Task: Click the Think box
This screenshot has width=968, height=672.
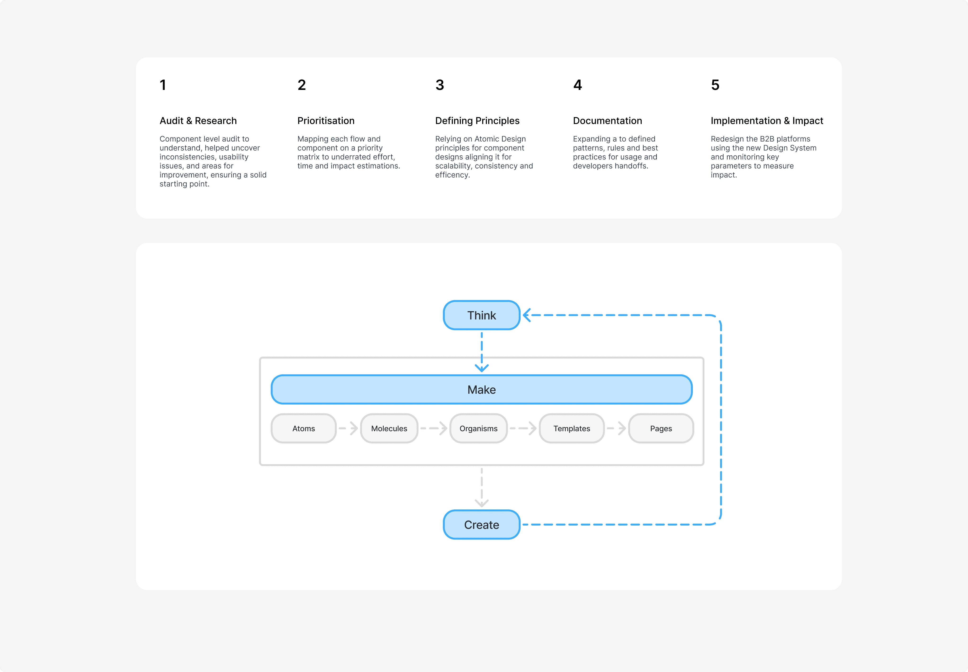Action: point(481,315)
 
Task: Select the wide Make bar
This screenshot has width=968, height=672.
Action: point(481,389)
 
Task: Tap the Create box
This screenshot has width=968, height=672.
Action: point(481,525)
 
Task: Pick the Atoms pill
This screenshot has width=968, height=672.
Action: point(304,428)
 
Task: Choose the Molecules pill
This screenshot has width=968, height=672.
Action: point(389,428)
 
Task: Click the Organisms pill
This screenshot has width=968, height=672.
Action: point(479,428)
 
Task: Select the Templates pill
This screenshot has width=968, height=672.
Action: point(572,428)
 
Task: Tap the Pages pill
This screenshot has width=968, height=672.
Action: point(661,428)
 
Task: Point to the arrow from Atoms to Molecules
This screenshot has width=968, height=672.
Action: point(348,428)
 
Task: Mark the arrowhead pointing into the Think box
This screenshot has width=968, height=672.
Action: point(527,315)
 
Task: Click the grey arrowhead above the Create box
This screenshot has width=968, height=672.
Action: point(481,503)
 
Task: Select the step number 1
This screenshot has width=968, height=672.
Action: point(163,85)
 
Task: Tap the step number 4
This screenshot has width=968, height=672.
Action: point(578,85)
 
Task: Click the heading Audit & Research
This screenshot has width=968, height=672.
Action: point(198,121)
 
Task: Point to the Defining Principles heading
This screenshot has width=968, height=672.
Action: point(477,121)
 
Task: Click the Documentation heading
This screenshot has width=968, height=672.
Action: point(607,121)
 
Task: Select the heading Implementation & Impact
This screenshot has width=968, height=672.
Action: point(767,121)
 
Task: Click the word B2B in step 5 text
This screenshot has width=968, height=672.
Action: point(767,139)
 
